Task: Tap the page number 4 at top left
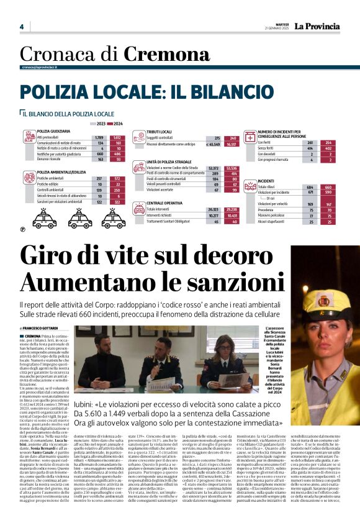pos(21,27)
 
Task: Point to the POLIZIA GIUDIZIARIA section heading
pos(54,132)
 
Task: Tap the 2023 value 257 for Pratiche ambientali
pos(99,178)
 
